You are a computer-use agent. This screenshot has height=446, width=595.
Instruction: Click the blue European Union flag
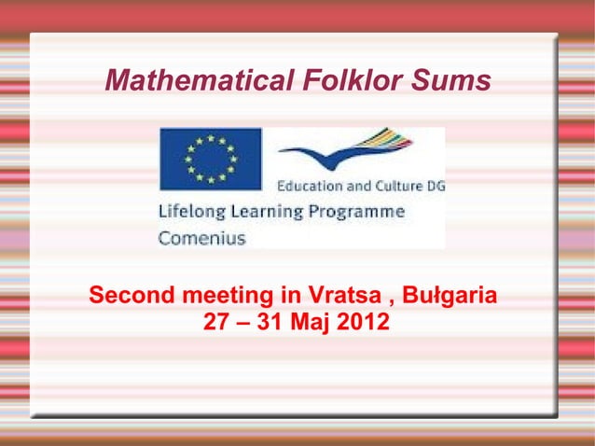point(210,159)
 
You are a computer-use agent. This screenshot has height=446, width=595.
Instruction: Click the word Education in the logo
point(312,187)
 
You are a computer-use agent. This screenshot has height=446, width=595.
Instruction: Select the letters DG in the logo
point(435,187)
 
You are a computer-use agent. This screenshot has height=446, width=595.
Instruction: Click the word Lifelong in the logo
point(188,212)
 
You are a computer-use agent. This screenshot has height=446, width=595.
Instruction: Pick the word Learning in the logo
point(262,212)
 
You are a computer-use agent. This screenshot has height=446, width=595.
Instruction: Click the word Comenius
point(201,238)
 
